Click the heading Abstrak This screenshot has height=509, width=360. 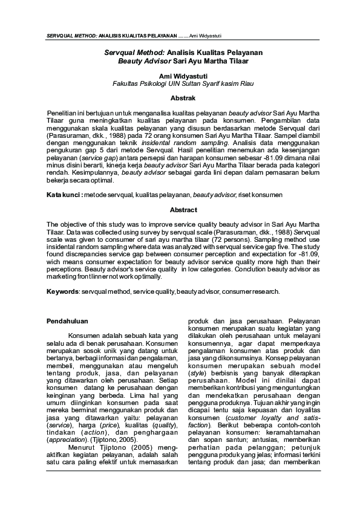point(180,97)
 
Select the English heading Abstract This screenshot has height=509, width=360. point(180,210)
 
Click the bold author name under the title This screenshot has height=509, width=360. point(180,76)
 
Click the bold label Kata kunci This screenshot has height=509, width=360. point(64,195)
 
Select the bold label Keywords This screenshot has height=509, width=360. point(62,291)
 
